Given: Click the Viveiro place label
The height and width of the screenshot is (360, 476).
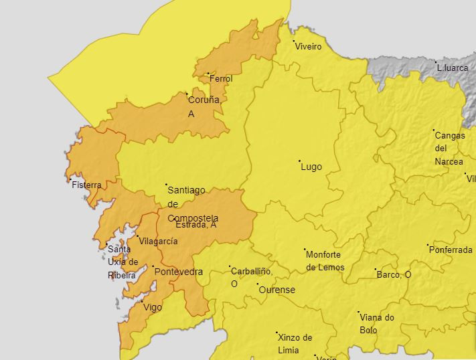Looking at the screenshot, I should pos(309,47).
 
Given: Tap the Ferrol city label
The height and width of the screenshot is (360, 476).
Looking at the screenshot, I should pos(221,79).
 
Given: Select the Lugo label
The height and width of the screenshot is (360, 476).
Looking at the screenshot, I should pos(311,167).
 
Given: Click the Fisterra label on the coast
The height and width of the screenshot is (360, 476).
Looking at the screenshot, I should pos(86,185).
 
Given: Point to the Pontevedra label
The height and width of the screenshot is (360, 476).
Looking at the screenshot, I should pos(178,272).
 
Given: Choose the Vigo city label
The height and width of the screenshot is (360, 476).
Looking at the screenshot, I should pos(153,307).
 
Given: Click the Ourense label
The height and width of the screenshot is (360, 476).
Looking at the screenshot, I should pos(276,290).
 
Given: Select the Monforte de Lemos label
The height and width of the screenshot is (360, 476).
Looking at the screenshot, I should pos(325,261).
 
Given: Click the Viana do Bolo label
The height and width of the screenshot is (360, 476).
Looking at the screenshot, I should pos(377,324).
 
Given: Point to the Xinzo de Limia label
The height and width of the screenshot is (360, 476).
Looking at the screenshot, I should pos(295,343).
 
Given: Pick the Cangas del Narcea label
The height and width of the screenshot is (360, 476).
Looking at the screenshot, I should pos(449,149).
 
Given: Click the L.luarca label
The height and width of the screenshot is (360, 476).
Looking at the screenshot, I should pos(453,68).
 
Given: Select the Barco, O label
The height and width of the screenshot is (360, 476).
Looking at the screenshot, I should pos(394,274).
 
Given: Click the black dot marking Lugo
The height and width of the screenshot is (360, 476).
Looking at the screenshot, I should pos(299,161).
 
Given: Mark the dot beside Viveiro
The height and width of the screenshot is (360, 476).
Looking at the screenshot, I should pos(294,41).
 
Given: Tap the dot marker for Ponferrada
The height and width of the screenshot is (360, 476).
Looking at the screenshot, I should pos(428,245).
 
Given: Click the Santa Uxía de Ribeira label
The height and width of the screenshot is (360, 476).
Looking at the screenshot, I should pos(123,262).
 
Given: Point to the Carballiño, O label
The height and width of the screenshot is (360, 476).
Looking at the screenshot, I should pos(251,277).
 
